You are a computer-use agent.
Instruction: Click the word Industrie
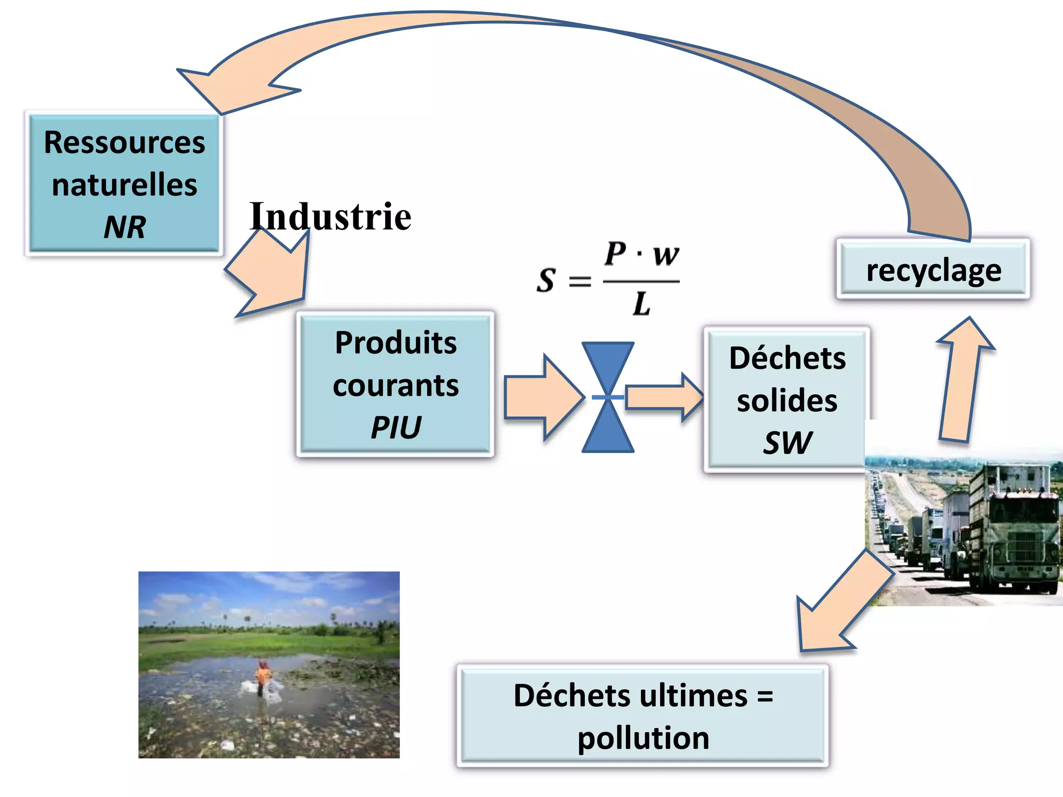coord(330,216)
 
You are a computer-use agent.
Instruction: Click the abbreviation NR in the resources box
coord(125,227)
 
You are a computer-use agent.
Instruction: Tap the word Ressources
coord(125,143)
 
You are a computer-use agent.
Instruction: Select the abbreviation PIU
coord(396,428)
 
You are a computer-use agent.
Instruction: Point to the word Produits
coord(396,343)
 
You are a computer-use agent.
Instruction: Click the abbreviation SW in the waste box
coord(787,443)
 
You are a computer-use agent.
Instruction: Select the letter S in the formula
coord(546,280)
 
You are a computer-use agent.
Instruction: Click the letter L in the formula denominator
coord(642,304)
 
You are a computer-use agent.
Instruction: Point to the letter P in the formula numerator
coord(616,254)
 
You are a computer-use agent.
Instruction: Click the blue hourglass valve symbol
coord(608,397)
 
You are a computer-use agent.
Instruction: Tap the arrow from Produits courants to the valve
coord(542,397)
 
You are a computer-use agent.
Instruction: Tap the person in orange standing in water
coord(263,674)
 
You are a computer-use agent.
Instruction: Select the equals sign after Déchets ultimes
coord(765,696)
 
